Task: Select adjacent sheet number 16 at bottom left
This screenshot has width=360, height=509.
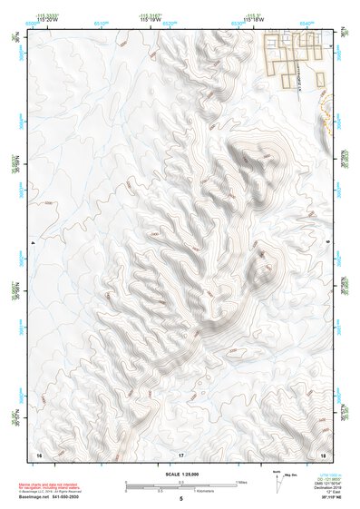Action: click(39, 454)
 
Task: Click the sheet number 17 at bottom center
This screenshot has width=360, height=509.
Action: click(181, 454)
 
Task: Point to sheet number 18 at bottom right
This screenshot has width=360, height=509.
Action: click(324, 454)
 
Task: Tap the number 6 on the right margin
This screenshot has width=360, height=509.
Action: click(327, 243)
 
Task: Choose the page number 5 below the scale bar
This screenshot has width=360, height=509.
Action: click(181, 499)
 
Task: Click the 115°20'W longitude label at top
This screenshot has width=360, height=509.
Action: click(44, 20)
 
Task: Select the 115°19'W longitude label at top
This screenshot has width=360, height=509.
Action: click(150, 20)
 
